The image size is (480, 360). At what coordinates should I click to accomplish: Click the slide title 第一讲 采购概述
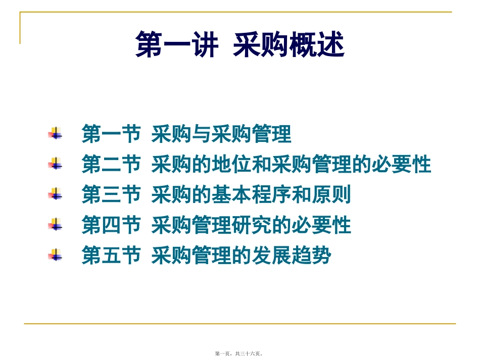pos(240,45)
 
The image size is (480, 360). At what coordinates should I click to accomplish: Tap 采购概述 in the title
pos(289,45)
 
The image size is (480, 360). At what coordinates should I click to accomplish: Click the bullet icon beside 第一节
pos(55,134)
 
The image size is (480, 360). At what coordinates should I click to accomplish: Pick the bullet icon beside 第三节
pos(55,194)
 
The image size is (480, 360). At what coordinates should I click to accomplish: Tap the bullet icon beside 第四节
pos(55,225)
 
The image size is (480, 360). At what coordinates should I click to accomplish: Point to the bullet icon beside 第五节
pos(55,255)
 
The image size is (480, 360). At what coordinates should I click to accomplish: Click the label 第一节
pos(111,135)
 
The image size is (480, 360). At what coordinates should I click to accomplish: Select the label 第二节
pos(111,165)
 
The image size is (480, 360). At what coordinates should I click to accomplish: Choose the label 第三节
pos(111,195)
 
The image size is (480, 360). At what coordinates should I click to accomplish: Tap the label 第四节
pos(111,225)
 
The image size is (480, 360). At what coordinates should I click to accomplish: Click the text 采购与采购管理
pos(221,135)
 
